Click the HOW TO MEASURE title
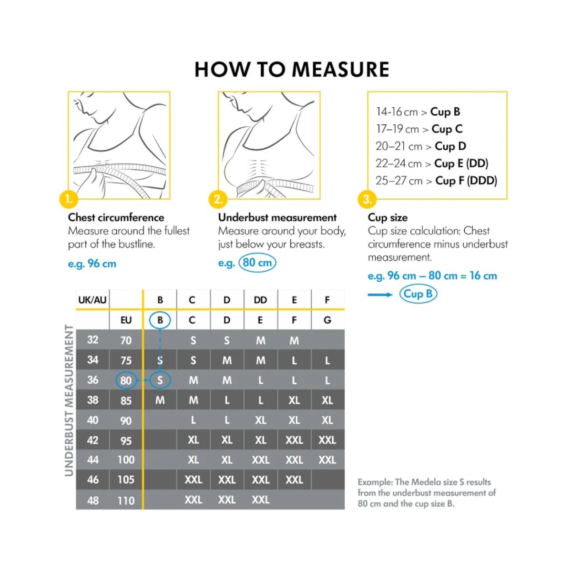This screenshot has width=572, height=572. click(x=292, y=70)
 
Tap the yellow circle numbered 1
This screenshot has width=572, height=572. click(x=69, y=199)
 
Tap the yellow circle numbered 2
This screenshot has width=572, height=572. click(x=218, y=199)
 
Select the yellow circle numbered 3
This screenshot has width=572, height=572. click(x=367, y=199)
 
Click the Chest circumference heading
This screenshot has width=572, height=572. click(x=116, y=217)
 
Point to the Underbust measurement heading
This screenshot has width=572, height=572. click(x=277, y=217)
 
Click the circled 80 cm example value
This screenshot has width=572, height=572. click(x=257, y=263)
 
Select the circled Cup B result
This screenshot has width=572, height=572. click(x=418, y=294)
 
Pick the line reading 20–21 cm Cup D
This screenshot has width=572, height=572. click(x=421, y=146)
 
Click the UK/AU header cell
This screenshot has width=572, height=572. click(x=92, y=300)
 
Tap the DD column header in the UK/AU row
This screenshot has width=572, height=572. click(x=260, y=300)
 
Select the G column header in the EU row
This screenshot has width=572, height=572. click(x=327, y=320)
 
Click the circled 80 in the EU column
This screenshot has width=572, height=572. click(x=126, y=380)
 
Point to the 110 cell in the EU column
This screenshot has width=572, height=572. click(x=126, y=500)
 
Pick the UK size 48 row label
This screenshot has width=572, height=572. click(x=93, y=500)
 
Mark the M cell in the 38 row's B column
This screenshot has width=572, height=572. click(x=160, y=400)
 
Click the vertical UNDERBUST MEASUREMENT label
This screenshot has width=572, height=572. click(x=69, y=400)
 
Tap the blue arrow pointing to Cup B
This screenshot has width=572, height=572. click(x=380, y=295)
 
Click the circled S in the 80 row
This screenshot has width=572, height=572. click(x=160, y=380)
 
